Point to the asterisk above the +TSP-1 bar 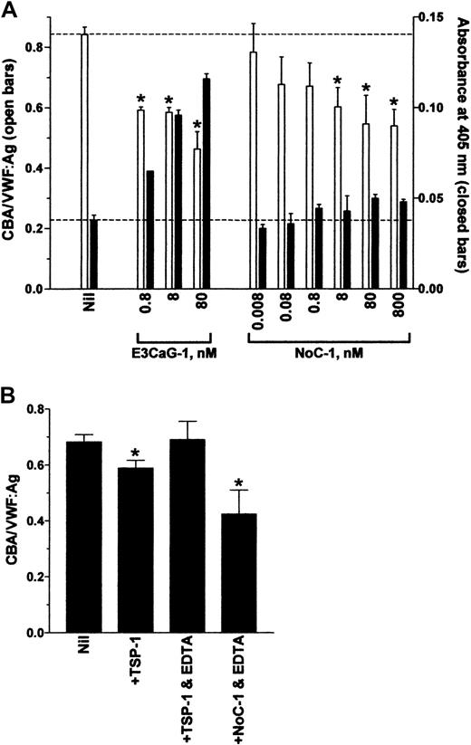point(133,453)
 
